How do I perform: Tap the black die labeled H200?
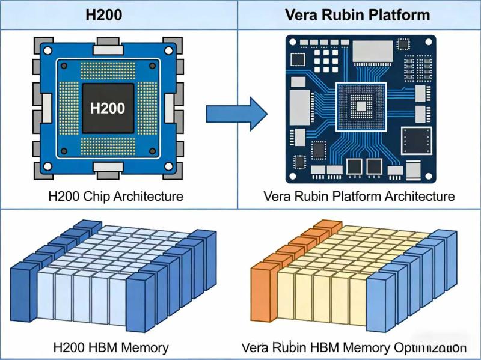(108, 108)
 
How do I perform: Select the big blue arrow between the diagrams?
(236, 112)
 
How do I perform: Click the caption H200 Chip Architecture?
(115, 196)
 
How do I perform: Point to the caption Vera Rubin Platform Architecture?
(359, 196)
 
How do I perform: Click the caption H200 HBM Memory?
(111, 347)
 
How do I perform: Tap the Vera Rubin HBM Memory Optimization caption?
(354, 347)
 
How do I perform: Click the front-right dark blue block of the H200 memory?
(139, 301)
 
